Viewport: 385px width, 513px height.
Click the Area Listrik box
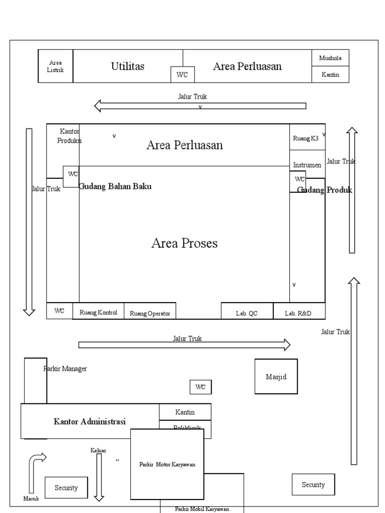(x=55, y=66)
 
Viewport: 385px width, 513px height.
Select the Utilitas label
(x=128, y=66)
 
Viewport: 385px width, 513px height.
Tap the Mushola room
(x=330, y=58)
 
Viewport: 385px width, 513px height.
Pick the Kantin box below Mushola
(x=330, y=75)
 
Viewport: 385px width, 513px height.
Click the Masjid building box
(x=276, y=377)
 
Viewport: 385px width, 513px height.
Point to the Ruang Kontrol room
(x=98, y=312)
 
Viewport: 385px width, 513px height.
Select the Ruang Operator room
(x=150, y=313)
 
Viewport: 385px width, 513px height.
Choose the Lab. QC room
(x=247, y=313)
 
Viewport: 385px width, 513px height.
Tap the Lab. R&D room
(x=298, y=313)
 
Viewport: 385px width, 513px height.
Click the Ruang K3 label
(x=306, y=138)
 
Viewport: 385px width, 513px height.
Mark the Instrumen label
(x=307, y=165)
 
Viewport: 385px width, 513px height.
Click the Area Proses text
(x=184, y=243)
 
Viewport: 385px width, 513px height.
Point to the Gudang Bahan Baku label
(x=115, y=186)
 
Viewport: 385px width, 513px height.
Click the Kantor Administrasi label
(x=90, y=421)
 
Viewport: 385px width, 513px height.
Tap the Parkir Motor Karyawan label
(x=167, y=464)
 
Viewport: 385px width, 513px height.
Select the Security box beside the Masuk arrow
(x=66, y=487)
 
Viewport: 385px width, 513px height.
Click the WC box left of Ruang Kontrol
(x=60, y=311)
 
